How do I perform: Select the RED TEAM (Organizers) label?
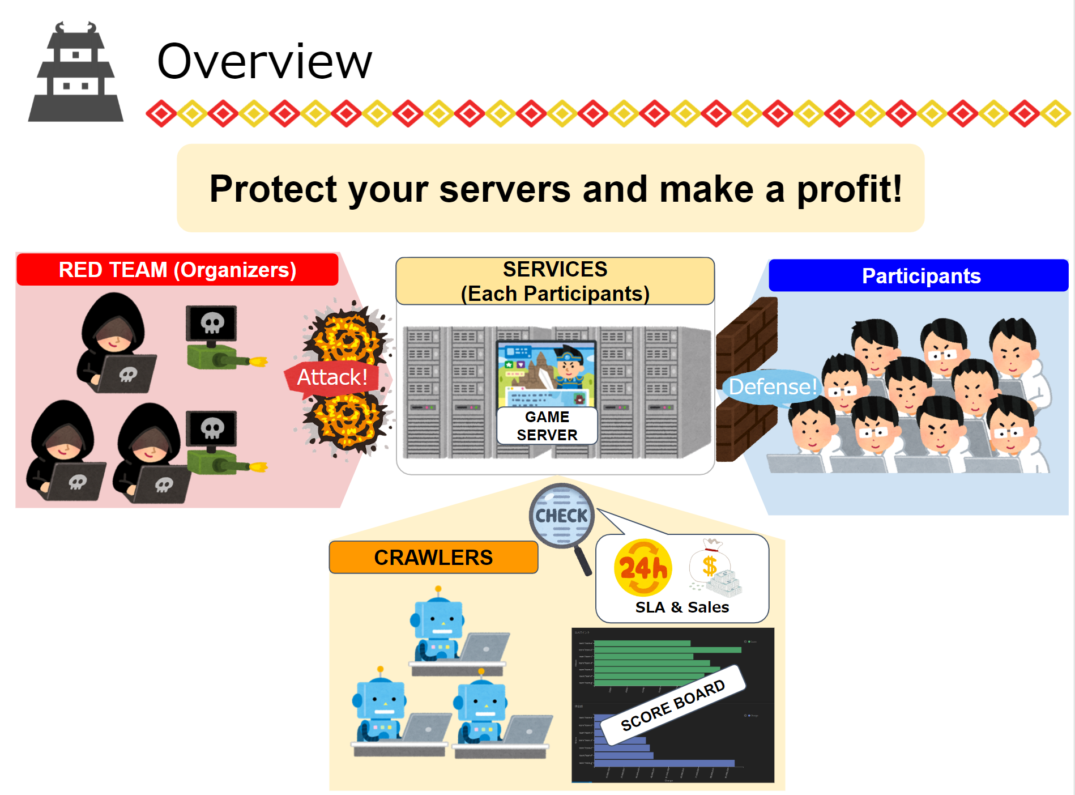coord(177,270)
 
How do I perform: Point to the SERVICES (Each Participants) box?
coord(555,282)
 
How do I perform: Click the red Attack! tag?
coord(332,377)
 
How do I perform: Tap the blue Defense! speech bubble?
coord(772,387)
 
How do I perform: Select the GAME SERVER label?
coord(547,426)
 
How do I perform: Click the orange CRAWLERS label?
coord(433,558)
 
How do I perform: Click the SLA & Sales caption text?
coord(682,607)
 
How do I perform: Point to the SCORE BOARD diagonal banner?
coord(673,705)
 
